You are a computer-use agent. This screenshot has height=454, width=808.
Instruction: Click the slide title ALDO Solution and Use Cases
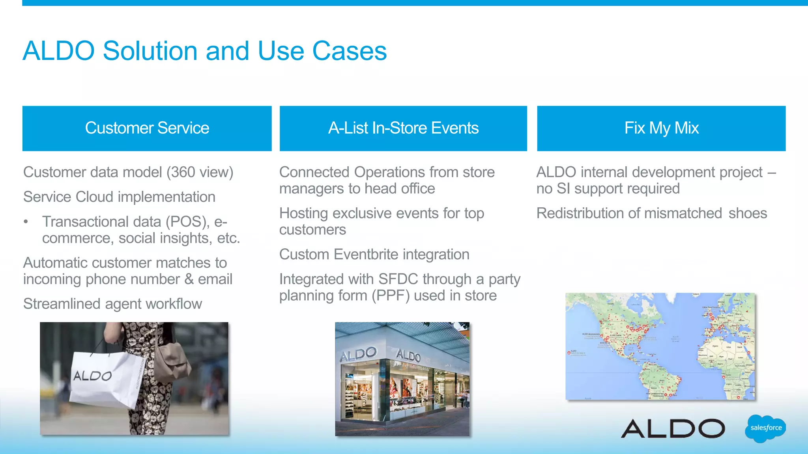pyautogui.click(x=204, y=51)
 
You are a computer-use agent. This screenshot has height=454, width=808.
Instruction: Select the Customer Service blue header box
pyautogui.click(x=147, y=128)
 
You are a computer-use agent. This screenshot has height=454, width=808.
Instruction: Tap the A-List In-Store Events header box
pyautogui.click(x=403, y=128)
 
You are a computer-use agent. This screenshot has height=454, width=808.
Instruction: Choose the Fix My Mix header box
pyautogui.click(x=661, y=128)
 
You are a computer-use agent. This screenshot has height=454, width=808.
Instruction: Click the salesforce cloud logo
pyautogui.click(x=765, y=428)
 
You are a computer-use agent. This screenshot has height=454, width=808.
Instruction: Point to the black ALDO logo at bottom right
pyautogui.click(x=673, y=428)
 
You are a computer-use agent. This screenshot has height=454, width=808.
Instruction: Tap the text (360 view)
pyautogui.click(x=200, y=172)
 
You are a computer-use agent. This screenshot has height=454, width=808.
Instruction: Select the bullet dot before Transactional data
pyautogui.click(x=26, y=221)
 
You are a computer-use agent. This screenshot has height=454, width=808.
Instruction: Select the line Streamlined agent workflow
pyautogui.click(x=112, y=304)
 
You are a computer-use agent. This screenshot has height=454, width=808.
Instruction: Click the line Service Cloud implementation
pyautogui.click(x=119, y=197)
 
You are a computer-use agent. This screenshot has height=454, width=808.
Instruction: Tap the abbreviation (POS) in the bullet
pyautogui.click(x=187, y=222)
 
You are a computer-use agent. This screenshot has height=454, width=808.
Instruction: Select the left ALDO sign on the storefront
pyautogui.click(x=358, y=354)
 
